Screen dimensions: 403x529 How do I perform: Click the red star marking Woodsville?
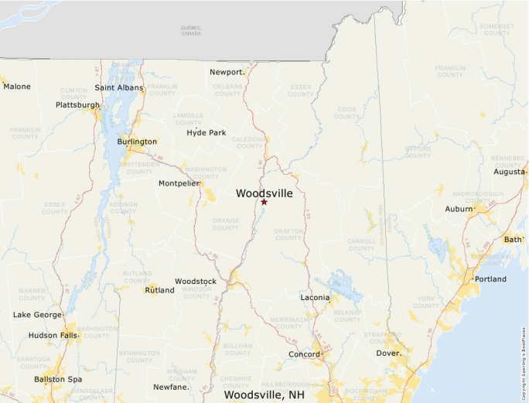coord(264,202)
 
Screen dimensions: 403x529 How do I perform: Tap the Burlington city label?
coord(137,142)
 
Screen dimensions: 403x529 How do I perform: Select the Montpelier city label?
coord(179,183)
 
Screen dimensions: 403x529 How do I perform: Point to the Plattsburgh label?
coord(77,105)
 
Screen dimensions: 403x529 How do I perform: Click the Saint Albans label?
coord(119,88)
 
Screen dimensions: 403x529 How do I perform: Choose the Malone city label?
coord(17,87)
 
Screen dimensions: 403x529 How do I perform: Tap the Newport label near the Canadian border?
coord(227,72)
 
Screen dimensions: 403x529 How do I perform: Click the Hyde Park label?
coord(206,133)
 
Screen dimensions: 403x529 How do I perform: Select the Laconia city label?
coord(315,298)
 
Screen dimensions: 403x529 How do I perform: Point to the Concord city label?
coord(304,355)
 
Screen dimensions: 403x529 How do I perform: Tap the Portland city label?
coord(490,279)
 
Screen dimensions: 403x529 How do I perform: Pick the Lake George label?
coord(37,315)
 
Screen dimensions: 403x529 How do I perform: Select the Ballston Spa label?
coord(58,380)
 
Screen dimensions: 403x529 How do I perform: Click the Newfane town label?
coord(171,387)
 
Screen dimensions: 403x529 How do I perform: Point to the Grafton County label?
coord(288,234)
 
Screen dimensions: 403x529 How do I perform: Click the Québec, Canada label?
coord(191,31)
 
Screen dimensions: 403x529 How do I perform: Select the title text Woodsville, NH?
coord(264,395)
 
